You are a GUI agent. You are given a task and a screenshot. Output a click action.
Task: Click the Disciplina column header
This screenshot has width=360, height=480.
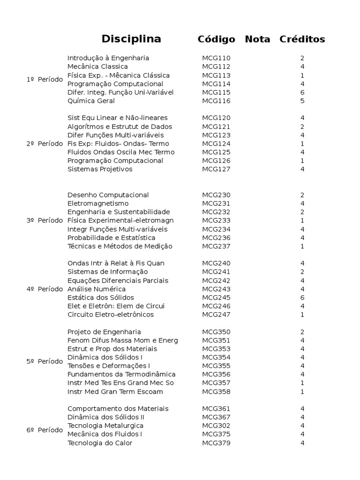131,39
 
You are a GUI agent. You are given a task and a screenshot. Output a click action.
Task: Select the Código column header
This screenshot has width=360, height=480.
216,39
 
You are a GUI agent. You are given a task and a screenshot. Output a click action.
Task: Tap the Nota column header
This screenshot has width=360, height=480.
257,39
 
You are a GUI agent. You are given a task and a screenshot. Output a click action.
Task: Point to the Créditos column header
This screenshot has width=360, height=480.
302,39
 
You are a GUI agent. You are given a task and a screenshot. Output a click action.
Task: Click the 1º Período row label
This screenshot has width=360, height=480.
45,80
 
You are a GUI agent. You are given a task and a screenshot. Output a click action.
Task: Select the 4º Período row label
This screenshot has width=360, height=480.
45,289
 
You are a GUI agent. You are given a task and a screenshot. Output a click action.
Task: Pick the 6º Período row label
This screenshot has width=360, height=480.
45,430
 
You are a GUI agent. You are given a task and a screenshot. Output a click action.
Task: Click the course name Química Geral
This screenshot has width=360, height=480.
91,101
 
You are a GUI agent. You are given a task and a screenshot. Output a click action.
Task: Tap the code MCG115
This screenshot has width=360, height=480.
216,92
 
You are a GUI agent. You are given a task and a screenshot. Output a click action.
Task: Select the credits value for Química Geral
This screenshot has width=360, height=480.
302,101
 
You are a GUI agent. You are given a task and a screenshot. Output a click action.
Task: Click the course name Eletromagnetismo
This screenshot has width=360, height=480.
98,203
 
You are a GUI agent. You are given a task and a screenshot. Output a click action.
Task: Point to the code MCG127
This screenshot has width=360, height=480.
216,169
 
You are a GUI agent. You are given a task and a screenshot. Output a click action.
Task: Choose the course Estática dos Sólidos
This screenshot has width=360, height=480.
101,298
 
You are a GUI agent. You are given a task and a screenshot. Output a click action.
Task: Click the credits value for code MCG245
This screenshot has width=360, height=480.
302,298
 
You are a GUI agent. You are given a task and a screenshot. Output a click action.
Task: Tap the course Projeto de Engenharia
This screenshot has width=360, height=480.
104,332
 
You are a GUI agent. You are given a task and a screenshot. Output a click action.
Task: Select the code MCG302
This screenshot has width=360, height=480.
216,426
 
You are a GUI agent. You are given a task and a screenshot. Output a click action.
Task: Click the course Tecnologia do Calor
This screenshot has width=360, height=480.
100,443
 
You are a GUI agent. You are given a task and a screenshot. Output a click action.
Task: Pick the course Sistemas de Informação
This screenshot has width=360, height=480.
107,272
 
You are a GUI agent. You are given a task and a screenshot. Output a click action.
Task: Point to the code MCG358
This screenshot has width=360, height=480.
216,391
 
